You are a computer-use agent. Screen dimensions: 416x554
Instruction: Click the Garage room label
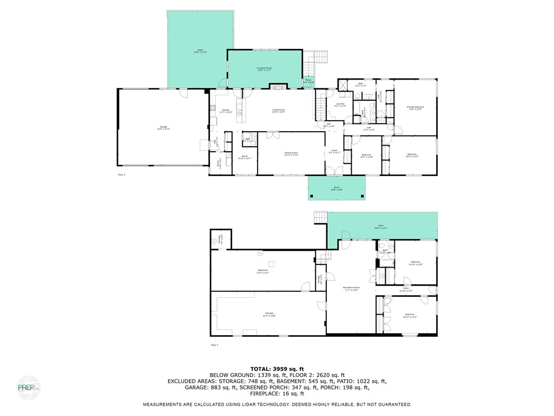[x=163, y=128]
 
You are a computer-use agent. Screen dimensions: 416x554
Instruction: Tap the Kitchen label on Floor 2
[x=226, y=111]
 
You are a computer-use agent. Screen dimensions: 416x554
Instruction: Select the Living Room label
[x=278, y=111]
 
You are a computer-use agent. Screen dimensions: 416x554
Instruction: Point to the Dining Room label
[x=291, y=153]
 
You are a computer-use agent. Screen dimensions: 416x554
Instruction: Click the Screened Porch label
[x=265, y=69]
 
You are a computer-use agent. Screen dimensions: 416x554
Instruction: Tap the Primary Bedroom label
[x=415, y=108]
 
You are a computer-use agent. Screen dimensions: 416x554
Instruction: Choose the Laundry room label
[x=340, y=105]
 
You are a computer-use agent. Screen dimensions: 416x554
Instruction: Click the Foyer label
[x=334, y=152]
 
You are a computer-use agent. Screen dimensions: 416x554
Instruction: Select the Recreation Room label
[x=351, y=288]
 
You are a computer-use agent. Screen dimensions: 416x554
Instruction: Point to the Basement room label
[x=263, y=271]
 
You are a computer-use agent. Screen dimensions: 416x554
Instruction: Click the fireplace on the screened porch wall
[x=277, y=87]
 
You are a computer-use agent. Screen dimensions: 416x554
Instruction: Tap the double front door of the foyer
[x=334, y=171]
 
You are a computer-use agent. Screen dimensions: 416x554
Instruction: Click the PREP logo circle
[x=28, y=388]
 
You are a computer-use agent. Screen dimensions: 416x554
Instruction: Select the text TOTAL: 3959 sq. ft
[x=276, y=368]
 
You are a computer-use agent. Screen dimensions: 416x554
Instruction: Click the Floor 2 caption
[x=121, y=175]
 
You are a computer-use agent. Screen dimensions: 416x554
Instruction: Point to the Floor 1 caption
[x=214, y=344]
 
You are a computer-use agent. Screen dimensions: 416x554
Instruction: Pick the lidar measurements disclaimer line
[x=276, y=405]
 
